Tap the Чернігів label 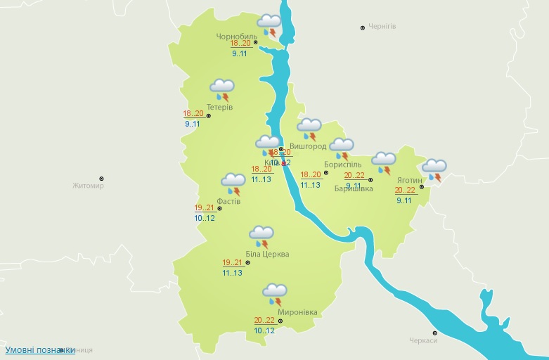coord(383,27)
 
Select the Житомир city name coord(88,186)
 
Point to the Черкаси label coord(423,341)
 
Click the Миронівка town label coord(297,312)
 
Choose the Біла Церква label coord(267,255)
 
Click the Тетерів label coord(219,107)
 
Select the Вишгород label coord(308,147)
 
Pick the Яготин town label coord(410,180)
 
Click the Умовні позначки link coord(40,349)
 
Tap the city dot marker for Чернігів coord(363,27)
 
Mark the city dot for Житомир coord(101,179)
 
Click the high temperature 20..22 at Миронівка coord(264,320)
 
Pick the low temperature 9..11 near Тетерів coord(193,124)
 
